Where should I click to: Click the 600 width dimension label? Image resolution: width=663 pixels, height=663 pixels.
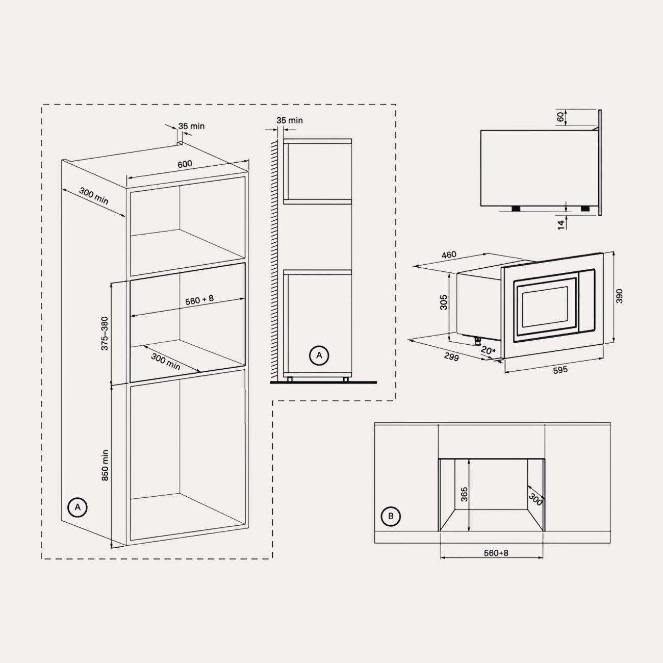tap(185, 164)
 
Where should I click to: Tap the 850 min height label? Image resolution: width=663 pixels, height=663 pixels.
tap(105, 465)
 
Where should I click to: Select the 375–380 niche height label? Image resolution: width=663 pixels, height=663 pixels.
tap(105, 334)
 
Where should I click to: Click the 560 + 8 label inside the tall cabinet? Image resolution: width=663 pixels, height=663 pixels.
tap(199, 300)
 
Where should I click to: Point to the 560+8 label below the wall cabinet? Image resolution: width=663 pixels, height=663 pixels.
tap(496, 553)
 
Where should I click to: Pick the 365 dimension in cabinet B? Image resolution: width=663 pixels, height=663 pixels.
tap(464, 494)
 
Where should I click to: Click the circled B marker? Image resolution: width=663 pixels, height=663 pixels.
tap(391, 516)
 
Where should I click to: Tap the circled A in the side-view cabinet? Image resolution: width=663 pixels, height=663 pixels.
tap(319, 355)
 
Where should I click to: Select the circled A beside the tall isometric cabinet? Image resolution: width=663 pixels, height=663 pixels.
tap(78, 507)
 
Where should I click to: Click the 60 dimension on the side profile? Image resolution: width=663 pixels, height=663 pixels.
tap(560, 117)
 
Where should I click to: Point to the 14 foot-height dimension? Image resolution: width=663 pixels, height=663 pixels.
tap(561, 225)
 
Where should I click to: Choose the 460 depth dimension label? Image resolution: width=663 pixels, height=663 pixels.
tap(449, 255)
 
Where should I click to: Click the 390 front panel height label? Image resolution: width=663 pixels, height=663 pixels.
tap(619, 296)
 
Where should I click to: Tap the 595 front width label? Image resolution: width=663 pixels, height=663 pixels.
tap(560, 370)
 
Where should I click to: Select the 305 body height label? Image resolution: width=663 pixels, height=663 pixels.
tap(444, 302)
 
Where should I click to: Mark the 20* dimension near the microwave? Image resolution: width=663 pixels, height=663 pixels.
tap(488, 350)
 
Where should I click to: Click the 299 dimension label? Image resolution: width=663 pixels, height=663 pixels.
tap(451, 358)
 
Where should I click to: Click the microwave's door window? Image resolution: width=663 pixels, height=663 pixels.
tap(545, 307)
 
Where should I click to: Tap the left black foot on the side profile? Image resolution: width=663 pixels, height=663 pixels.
tap(516, 209)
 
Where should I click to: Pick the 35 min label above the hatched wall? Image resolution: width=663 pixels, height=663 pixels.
tap(289, 120)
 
